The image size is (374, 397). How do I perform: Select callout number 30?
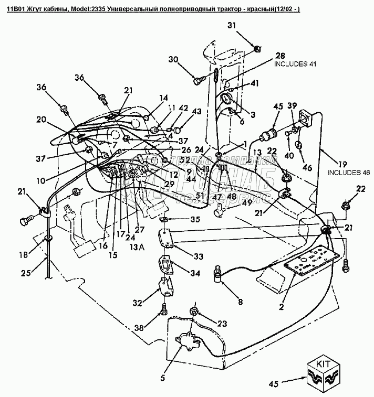(173, 59)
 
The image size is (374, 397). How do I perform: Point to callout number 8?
(241, 302)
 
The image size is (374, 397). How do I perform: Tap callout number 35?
(195, 219)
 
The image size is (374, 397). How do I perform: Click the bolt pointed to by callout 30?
(198, 81)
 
